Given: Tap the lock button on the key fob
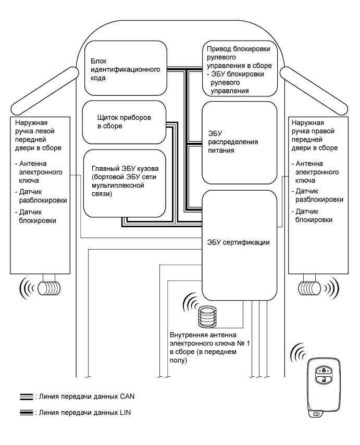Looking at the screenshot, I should (324, 370).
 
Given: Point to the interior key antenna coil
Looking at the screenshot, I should (207, 316).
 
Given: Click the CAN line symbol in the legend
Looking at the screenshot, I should (24, 397).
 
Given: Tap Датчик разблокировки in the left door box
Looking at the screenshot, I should (36, 195).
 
